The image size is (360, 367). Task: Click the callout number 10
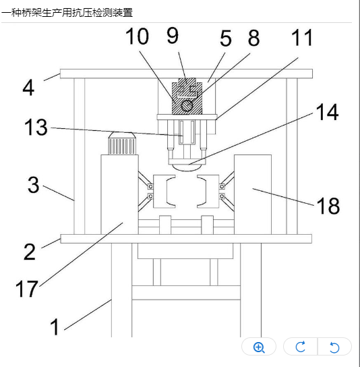pos(137,36)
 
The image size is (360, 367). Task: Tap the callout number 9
pos(173,36)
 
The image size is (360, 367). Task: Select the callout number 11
pos(302,38)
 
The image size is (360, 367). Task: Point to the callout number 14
pos(327,112)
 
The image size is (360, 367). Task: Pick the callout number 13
pos(36,128)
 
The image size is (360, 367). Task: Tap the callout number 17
pos(26,289)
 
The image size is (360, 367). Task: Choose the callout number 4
pos(28,88)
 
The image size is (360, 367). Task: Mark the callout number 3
pos(33,185)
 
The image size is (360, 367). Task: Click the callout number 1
pos(55,327)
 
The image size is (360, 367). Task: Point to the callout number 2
pos(30,252)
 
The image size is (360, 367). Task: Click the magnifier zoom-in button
pos(259,347)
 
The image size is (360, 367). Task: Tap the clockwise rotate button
pos(301,347)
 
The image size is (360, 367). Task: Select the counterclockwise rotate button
pos(334,347)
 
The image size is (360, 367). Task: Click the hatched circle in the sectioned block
pos(187,105)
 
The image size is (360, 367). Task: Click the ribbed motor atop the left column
pos(122,143)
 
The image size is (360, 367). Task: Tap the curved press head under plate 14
pos(187,167)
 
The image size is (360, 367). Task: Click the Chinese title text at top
pos(67,12)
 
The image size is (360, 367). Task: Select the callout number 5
pos(225,38)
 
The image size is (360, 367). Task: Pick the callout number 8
pos(253,38)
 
